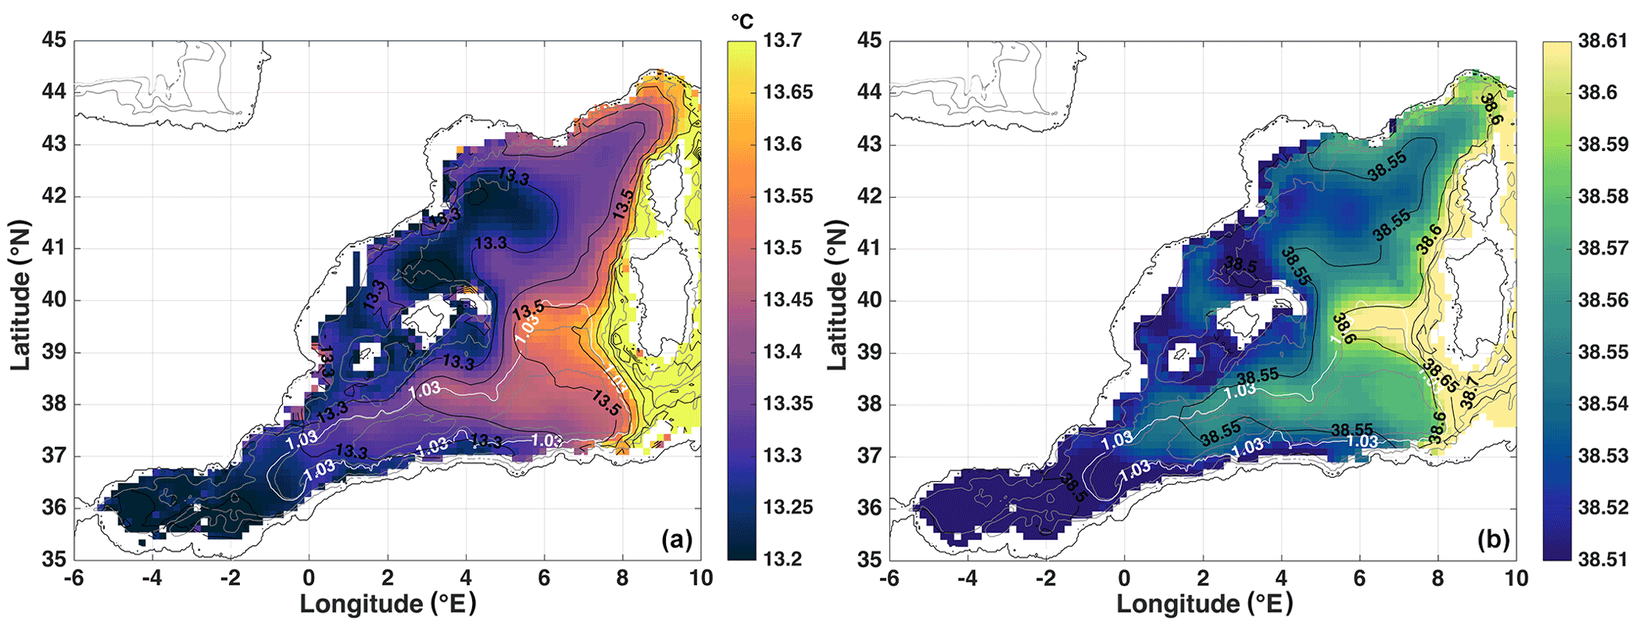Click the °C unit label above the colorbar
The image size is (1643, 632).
click(741, 21)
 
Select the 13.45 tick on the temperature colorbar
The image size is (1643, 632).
click(789, 300)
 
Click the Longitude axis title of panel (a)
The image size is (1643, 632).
click(388, 604)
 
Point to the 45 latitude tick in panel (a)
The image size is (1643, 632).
click(55, 41)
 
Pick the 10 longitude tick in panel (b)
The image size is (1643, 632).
click(1516, 578)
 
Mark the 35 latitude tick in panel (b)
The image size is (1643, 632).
click(870, 559)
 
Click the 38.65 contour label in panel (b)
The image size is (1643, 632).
click(1440, 375)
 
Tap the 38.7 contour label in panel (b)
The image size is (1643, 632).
click(1470, 393)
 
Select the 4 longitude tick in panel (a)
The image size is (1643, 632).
click(466, 578)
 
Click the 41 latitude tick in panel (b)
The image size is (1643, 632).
click(870, 248)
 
